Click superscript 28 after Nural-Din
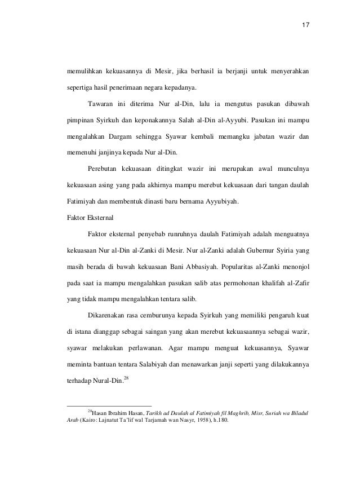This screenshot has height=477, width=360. coord(126,374)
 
